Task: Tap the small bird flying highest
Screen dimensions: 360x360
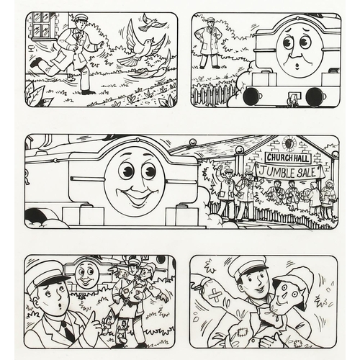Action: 153,22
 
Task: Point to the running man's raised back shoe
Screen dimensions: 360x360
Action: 37,63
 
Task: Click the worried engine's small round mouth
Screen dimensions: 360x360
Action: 297,66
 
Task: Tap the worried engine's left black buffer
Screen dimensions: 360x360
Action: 251,95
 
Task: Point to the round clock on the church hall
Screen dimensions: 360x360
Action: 289,143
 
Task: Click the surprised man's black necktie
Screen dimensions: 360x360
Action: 68,329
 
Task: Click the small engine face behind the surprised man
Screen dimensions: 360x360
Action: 84,274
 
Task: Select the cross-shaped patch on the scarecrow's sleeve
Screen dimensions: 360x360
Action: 215,295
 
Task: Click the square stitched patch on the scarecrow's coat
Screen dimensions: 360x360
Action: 240,333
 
